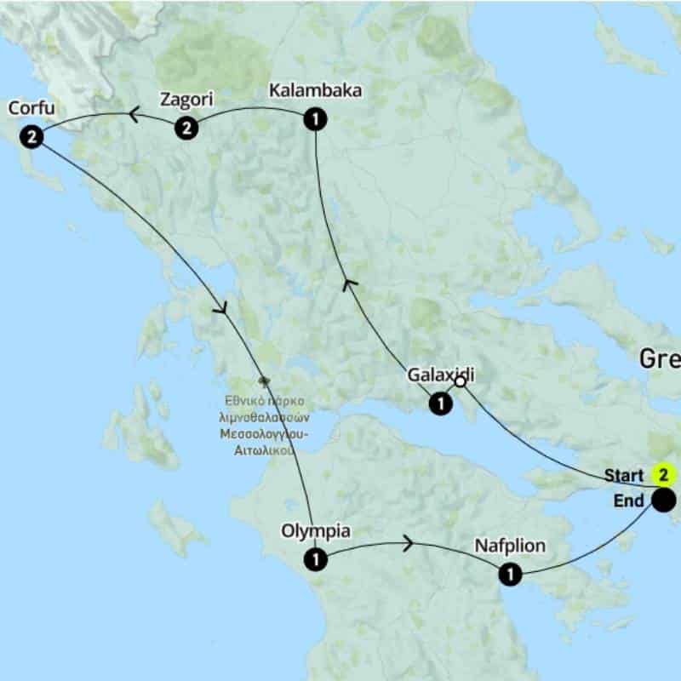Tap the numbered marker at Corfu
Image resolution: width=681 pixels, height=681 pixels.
coord(31,136)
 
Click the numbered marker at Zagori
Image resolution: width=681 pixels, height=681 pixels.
coord(186,129)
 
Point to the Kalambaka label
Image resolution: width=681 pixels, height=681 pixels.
coord(314,90)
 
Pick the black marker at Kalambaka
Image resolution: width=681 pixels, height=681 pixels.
coord(315,119)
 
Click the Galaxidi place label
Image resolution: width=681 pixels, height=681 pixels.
coord(440,375)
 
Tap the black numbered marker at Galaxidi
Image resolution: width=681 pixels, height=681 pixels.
coord(440,403)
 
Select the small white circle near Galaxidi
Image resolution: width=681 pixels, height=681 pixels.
coord(461,382)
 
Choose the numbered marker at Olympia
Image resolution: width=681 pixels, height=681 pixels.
coord(315,559)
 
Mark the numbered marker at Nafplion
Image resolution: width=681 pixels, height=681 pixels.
coord(509,575)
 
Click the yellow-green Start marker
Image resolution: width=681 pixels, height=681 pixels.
coord(662,474)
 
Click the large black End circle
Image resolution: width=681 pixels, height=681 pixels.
coord(664,500)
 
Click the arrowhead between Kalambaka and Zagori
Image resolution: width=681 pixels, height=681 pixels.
coord(134,113)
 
